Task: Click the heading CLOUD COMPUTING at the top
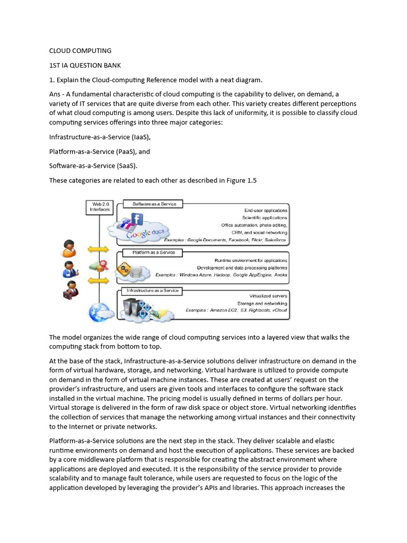click(x=80, y=51)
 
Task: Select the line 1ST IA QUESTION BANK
click(x=85, y=66)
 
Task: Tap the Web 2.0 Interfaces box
click(x=101, y=207)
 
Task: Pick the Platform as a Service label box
click(x=150, y=252)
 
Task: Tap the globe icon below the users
click(x=99, y=311)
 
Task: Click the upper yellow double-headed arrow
click(x=98, y=249)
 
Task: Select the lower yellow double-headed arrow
click(x=98, y=280)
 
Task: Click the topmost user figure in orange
click(x=69, y=248)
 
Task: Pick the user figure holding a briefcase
click(x=70, y=290)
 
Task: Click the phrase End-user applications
click(x=266, y=211)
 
